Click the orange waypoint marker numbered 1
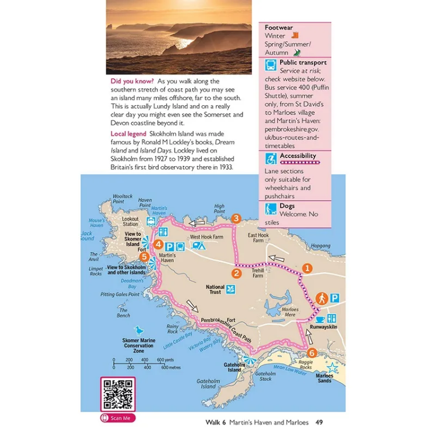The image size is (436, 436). [x=308, y=268]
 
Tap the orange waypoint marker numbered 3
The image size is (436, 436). [x=235, y=219]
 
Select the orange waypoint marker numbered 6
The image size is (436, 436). [x=312, y=352]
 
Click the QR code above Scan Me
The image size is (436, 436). [x=118, y=394]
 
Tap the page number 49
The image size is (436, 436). [x=319, y=422]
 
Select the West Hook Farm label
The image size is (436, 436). [x=206, y=237]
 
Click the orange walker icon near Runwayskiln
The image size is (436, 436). [x=321, y=298]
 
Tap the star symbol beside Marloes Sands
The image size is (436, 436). [x=332, y=367]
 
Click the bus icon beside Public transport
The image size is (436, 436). [x=271, y=66]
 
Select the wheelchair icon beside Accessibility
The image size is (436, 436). [x=271, y=159]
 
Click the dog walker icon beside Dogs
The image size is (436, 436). [x=271, y=209]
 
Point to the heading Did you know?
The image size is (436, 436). [x=133, y=81]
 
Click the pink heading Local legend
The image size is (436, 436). [x=128, y=134]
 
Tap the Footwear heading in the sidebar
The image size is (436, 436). [x=278, y=27]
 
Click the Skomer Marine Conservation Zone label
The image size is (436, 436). [x=139, y=345]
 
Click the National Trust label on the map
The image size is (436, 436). [x=215, y=290]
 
